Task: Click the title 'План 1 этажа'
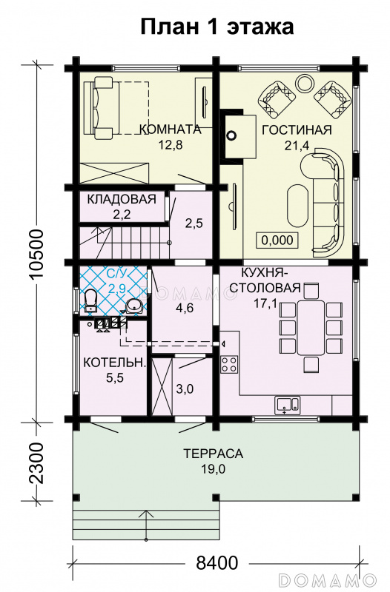217,27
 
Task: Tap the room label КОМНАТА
170,129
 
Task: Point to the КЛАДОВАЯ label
122,199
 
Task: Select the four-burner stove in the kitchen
229,363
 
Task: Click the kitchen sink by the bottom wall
286,404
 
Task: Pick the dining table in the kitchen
311,328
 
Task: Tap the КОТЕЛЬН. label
113,363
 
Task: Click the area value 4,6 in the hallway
184,309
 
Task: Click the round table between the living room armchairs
304,81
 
